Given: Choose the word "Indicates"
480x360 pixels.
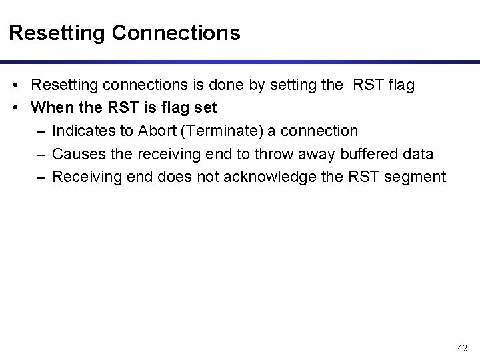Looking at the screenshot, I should pyautogui.click(x=82, y=130).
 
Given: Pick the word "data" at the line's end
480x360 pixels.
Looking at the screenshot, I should pyautogui.click(x=418, y=154).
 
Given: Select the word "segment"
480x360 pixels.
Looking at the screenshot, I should pyautogui.click(x=415, y=177).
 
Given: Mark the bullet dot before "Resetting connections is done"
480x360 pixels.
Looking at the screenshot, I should pyautogui.click(x=15, y=86).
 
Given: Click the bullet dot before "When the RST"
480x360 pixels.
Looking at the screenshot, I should pyautogui.click(x=15, y=107).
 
